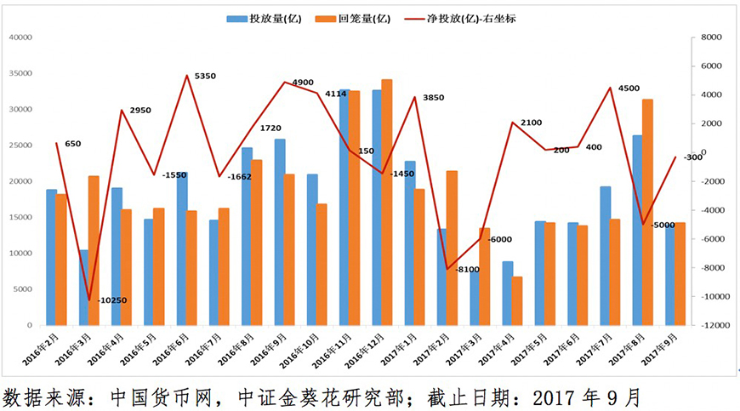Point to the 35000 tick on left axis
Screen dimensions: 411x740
tap(20, 73)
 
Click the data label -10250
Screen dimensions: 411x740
tap(112, 300)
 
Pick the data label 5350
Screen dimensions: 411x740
tap(205, 77)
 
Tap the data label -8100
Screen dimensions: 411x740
tap(468, 270)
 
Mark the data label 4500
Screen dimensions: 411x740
tap(629, 88)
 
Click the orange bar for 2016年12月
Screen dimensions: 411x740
tap(387, 203)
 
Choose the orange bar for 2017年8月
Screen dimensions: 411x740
tap(647, 213)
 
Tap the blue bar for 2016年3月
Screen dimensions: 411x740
tap(84, 288)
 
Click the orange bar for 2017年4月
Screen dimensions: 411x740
tap(516, 301)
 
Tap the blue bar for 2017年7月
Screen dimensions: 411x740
tap(605, 256)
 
